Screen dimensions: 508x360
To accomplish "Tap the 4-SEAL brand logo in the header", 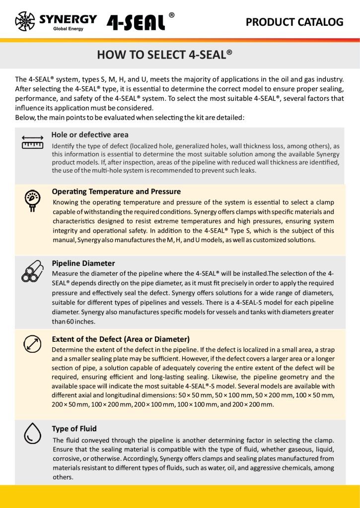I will point(136,22).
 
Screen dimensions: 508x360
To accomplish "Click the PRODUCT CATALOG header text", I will point(294,22).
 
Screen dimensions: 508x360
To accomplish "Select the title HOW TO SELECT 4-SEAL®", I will point(164,55).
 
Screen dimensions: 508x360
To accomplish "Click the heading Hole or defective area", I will point(90,134).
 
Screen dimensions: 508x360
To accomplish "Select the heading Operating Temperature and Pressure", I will point(116,191).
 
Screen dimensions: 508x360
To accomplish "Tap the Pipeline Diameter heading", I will point(83,263).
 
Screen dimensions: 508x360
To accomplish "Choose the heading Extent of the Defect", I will point(121,339).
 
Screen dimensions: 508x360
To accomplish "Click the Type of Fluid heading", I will point(74,429).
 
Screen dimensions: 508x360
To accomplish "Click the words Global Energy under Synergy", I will point(68,29).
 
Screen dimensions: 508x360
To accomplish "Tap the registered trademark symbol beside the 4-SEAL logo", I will point(171,15).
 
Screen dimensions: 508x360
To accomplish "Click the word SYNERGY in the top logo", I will point(68,19).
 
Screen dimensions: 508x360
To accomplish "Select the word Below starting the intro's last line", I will point(25,118).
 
